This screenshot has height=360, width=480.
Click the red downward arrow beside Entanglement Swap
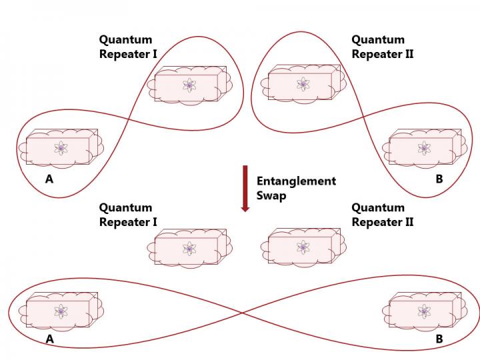coord(245,188)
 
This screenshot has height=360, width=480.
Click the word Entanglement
coord(296,181)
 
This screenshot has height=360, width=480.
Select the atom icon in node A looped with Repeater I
coord(61,148)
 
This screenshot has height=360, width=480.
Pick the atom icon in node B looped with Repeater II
coord(424,148)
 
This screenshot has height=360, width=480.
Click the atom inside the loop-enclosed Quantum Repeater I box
coord(189,85)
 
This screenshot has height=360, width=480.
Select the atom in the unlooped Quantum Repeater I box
coord(189,249)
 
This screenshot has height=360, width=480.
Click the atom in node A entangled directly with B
coord(61,311)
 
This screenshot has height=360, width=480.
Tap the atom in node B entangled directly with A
coord(424,311)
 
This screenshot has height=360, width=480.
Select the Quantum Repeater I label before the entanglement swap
coord(128,47)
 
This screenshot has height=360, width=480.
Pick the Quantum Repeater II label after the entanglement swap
coord(382,215)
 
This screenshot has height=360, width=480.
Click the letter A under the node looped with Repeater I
coord(49,179)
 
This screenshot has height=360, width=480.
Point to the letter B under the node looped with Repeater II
coord(439,179)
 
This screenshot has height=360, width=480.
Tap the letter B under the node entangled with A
coord(439,339)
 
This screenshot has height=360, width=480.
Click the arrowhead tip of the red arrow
coord(245,211)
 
